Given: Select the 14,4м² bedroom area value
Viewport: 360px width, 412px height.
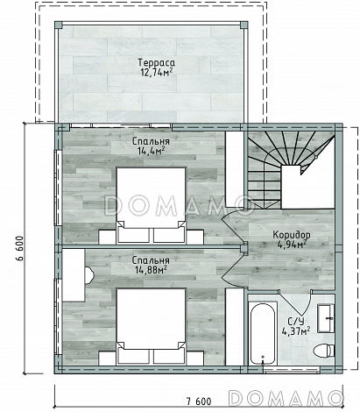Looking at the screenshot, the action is coord(151,150).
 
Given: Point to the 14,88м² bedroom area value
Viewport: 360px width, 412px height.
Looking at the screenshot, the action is coord(151,269).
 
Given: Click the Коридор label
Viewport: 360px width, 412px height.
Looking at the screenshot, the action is coord(292,234).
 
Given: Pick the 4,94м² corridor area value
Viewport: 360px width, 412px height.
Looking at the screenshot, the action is coord(292,244).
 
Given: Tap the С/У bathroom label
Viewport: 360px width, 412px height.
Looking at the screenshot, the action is coord(296,322).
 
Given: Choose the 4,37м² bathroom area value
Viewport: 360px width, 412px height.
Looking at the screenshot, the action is coord(296,330).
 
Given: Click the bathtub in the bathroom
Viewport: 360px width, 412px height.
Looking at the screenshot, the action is coord(263,332).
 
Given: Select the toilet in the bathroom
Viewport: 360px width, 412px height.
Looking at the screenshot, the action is coord(323,350).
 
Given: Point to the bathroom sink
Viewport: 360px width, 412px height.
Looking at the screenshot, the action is coord(326,318).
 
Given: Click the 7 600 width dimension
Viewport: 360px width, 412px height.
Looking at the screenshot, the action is coord(199,401).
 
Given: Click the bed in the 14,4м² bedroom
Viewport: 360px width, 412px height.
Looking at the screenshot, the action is coord(151,205).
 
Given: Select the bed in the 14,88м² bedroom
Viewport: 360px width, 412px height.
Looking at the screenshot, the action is coord(151,326).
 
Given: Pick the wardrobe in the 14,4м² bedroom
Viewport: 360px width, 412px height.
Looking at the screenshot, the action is coord(235,169).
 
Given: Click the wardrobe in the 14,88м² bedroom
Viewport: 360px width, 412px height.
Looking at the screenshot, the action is coord(235,326).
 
